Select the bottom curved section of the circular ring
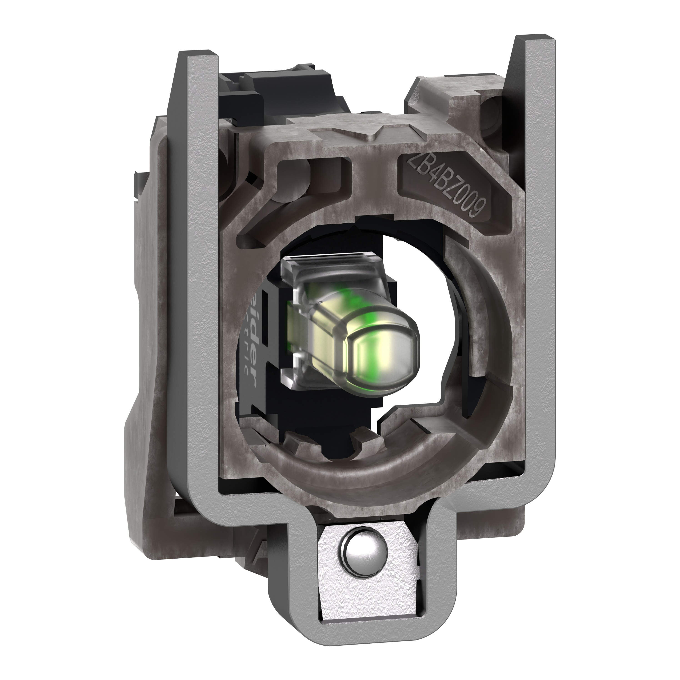tap(370, 461)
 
